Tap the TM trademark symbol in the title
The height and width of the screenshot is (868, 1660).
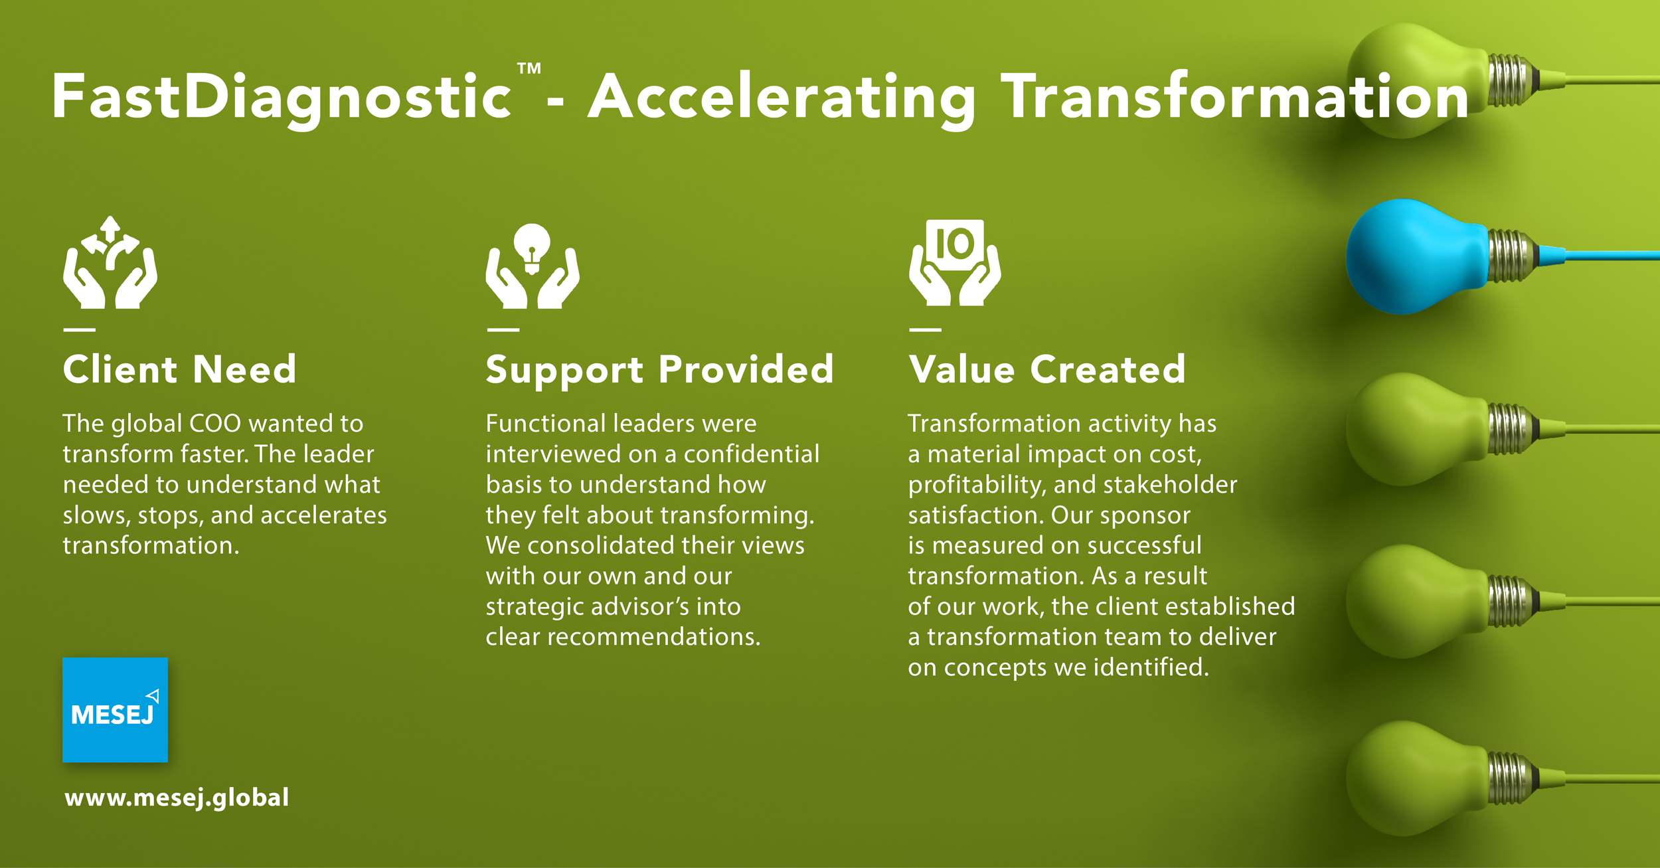(529, 68)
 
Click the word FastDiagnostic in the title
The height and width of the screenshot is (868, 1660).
(282, 98)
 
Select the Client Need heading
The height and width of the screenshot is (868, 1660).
(179, 369)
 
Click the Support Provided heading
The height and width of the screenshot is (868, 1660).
(659, 369)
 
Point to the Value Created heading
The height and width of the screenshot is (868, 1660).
(1047, 369)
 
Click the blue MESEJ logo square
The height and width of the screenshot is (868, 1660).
(115, 709)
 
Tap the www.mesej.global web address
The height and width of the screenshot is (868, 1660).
(177, 797)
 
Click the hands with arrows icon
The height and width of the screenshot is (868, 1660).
(110, 263)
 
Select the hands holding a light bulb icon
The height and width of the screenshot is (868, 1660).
(532, 267)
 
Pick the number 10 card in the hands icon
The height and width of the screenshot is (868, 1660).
(955, 244)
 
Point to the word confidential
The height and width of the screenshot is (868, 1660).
(752, 454)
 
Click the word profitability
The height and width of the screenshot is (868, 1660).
(977, 485)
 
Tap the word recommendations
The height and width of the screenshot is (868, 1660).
(653, 637)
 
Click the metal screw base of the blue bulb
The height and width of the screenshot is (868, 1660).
(1511, 256)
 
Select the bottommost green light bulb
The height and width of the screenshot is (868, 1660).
(1414, 777)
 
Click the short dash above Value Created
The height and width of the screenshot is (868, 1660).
(925, 329)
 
